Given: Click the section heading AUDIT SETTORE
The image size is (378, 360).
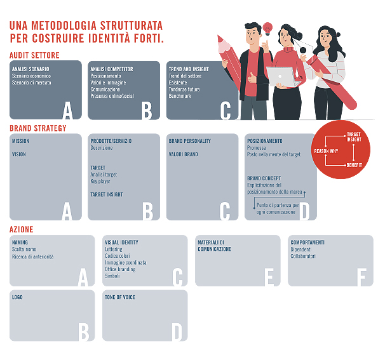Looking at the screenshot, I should click(34, 56).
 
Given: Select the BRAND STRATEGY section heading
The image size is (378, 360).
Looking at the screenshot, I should click(38, 128).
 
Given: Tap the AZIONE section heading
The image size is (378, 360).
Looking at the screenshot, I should click(22, 229).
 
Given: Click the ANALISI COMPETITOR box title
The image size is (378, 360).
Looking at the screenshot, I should click(111, 69).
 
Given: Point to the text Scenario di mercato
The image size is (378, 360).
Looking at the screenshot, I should click(32, 83).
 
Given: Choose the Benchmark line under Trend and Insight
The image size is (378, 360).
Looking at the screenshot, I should click(180, 96).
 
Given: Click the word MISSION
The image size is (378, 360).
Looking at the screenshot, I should click(20, 141).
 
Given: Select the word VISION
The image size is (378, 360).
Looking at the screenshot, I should click(19, 154).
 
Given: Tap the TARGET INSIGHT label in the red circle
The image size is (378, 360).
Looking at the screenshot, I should click(354, 137).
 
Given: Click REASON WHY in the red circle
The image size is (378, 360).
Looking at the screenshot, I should click(326, 151).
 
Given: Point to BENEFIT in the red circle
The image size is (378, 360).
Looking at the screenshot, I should click(354, 165).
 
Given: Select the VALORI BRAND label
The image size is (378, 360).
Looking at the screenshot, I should click(183, 154).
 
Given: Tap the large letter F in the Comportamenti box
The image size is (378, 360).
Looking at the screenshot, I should click(361, 276).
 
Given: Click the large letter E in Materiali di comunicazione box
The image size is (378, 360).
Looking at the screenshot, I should click(269, 276).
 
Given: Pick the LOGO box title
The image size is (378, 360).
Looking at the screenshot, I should click(18, 297).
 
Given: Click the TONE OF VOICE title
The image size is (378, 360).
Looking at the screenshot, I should click(120, 297).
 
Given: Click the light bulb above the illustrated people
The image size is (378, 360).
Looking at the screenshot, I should click(267, 28).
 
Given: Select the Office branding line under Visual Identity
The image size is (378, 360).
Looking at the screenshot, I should click(120, 269).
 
